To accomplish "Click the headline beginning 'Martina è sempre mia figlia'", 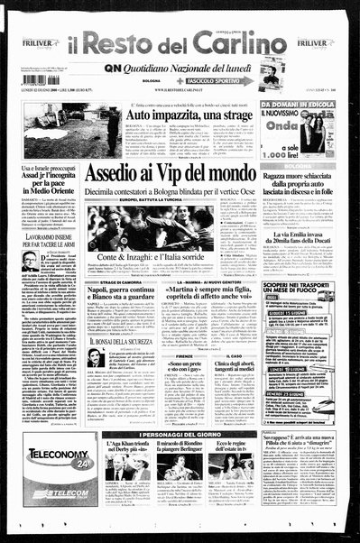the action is pos(208,299).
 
